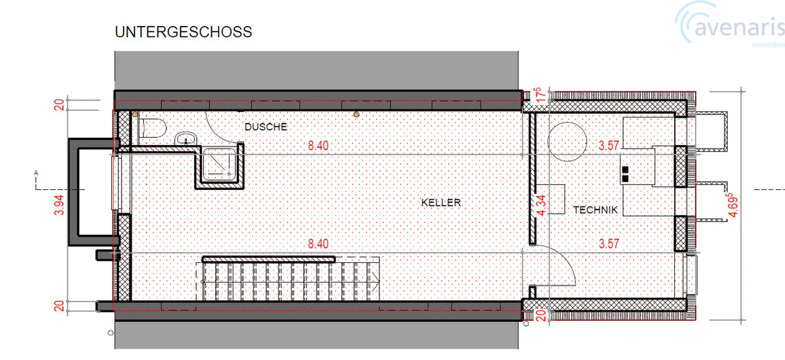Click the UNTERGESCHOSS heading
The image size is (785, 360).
183,32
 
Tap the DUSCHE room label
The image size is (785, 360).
265,127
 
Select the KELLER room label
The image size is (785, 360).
441,202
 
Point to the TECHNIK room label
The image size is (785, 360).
595,210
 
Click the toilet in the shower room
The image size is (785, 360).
153,128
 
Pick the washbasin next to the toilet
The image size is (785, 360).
186,139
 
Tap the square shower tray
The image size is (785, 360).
219,164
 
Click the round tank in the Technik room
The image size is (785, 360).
567,142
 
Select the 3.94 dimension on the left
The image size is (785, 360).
59,205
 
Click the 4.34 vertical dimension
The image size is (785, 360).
541,206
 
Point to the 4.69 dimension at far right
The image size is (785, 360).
733,205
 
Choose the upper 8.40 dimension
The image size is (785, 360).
318,146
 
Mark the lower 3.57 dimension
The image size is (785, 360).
609,244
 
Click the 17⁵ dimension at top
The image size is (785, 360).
540,95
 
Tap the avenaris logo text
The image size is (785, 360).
739,28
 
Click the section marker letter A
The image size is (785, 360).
36,173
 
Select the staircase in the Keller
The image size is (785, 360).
291,279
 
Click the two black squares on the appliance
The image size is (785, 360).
625,174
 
